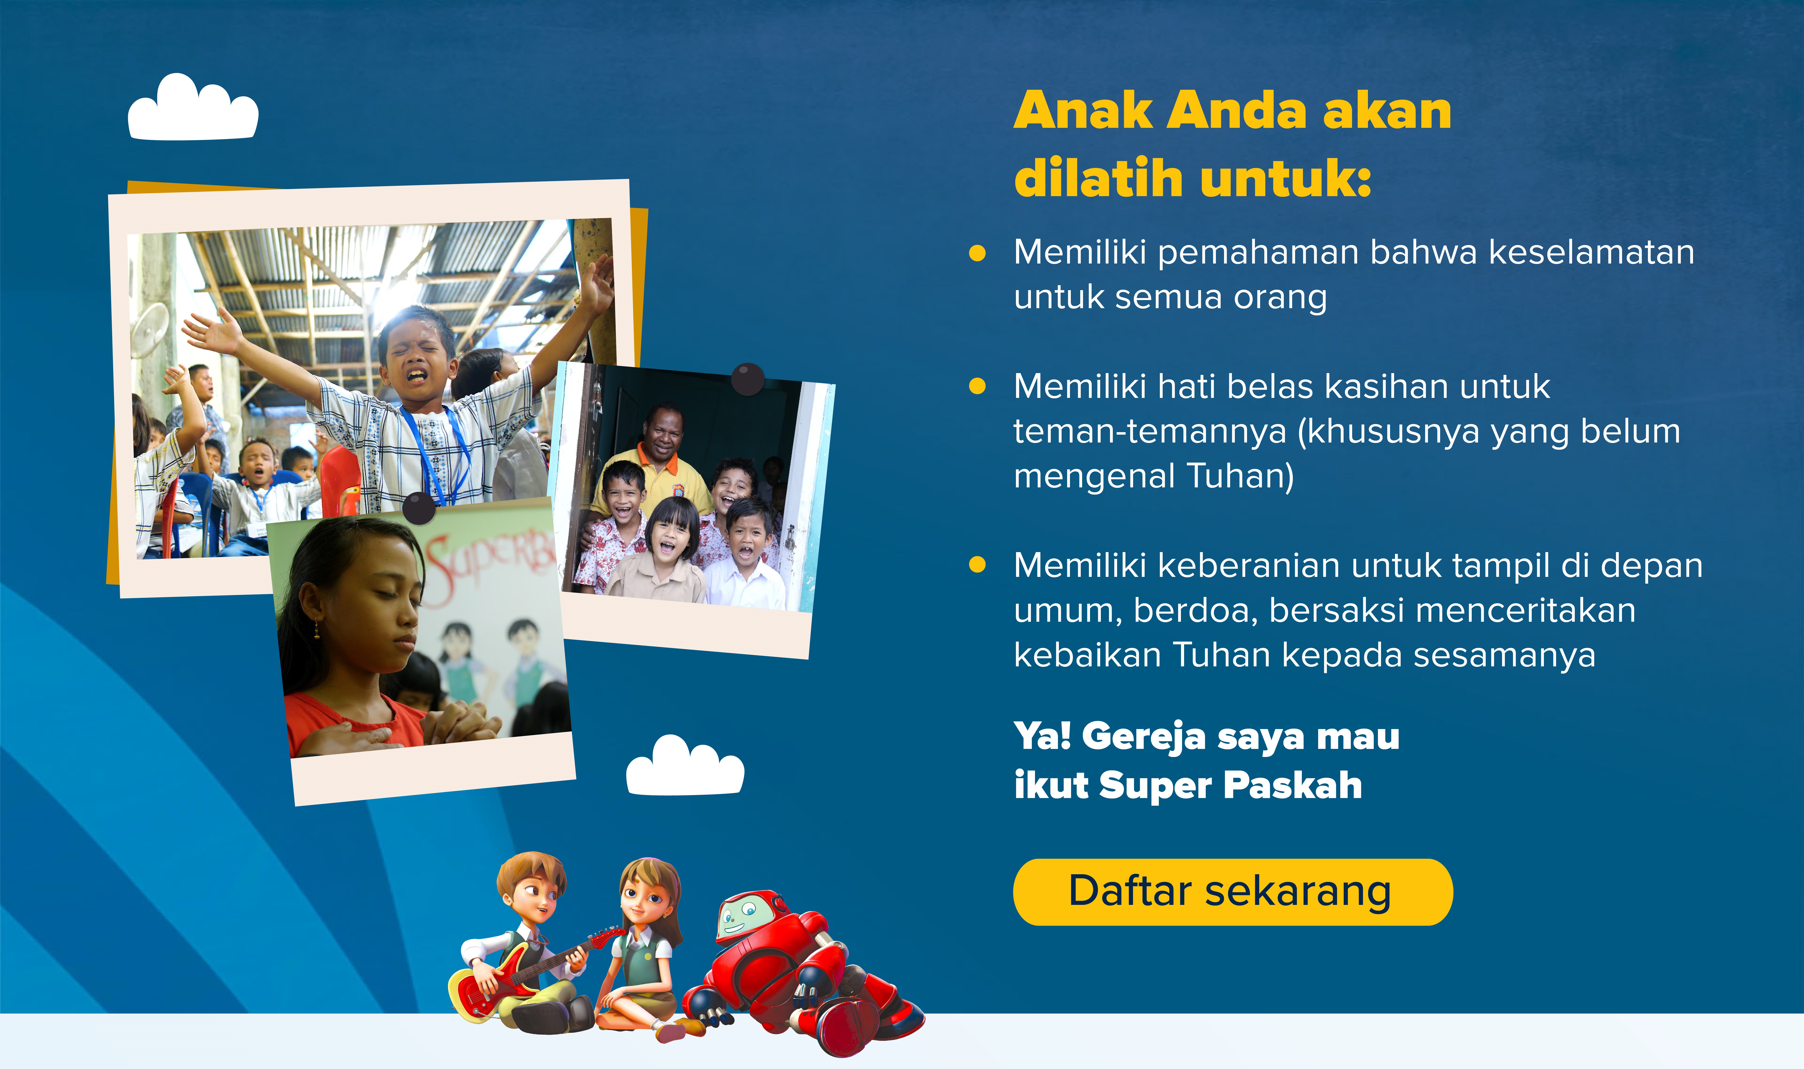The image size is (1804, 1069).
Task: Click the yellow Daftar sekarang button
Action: (1232, 892)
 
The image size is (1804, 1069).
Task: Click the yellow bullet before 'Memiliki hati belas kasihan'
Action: (977, 387)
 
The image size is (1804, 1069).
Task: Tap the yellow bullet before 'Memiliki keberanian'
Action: (977, 565)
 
